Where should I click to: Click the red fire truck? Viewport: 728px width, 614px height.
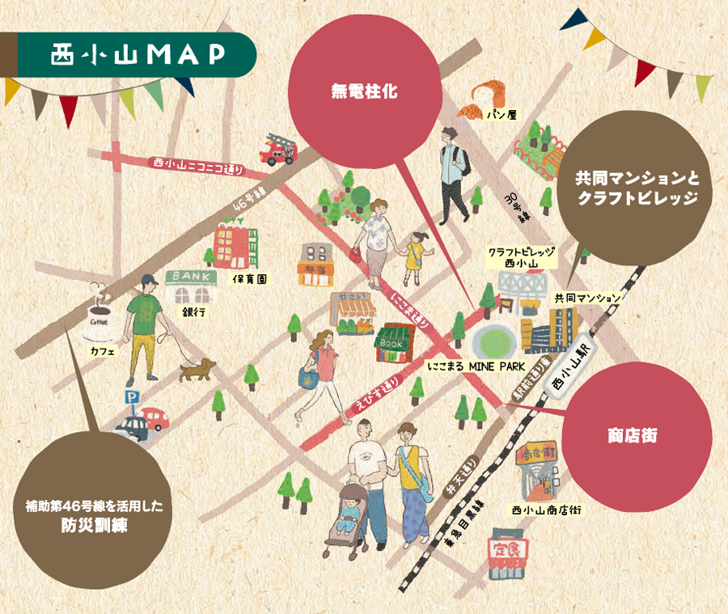click(277, 149)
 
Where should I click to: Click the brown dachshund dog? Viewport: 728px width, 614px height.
click(194, 371)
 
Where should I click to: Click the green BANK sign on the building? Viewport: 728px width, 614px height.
click(192, 277)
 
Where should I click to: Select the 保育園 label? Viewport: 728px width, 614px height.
click(250, 278)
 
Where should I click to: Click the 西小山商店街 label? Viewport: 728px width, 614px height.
click(547, 510)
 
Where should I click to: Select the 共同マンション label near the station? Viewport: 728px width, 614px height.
click(587, 299)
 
